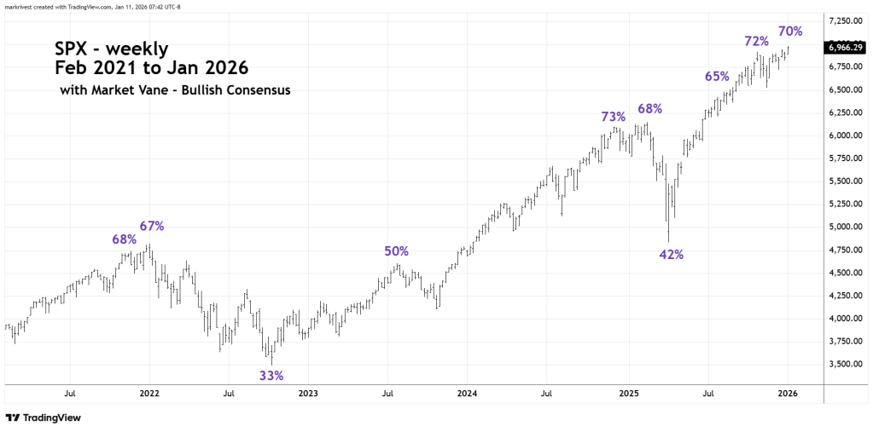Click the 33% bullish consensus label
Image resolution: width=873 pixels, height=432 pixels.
271,375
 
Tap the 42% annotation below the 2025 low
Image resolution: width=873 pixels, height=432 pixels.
672,254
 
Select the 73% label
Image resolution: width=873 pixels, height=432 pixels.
614,117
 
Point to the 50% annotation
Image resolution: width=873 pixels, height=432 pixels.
396,251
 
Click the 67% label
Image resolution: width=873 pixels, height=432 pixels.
152,226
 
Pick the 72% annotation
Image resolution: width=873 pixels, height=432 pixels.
756,41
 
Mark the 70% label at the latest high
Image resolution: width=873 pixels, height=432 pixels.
790,32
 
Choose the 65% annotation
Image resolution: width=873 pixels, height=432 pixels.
717,76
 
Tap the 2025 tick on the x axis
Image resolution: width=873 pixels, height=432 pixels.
628,394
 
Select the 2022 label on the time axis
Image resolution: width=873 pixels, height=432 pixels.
148,394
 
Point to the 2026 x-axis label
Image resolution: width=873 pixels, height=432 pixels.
788,394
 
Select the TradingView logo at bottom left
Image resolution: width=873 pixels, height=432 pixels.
43,418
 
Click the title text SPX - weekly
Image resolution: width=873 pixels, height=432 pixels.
111,49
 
